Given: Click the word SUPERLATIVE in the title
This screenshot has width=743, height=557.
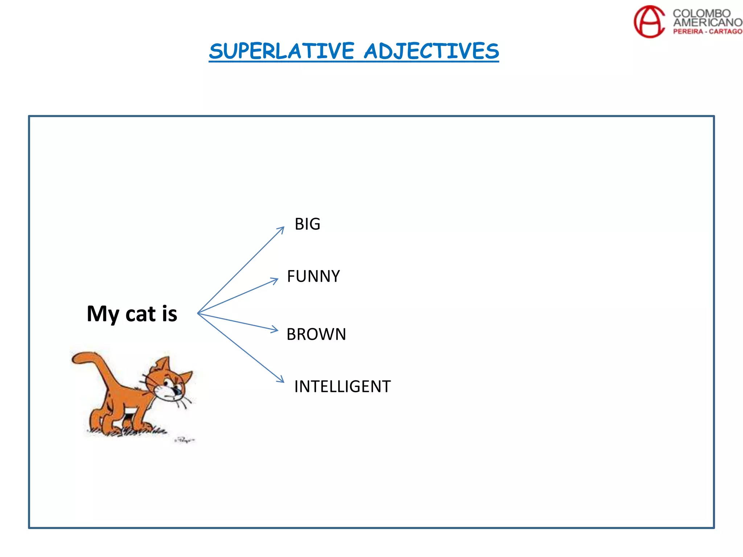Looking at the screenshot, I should coord(282,51).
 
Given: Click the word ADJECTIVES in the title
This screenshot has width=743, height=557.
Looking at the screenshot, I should coord(431,51).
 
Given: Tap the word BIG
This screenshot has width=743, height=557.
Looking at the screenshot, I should coord(307,224).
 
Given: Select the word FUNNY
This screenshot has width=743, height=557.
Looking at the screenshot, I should coord(313,276).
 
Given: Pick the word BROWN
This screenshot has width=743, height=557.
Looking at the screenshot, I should coord(316,334).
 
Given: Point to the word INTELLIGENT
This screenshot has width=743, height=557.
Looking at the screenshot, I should coord(342,387).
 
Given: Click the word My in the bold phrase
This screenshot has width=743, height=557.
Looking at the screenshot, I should coord(103,314).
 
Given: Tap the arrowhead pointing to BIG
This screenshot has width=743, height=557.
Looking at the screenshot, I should coord(282,229).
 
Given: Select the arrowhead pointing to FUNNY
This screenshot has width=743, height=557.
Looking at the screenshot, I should coord(275,280).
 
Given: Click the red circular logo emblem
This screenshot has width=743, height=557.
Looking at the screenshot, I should coord(649,21).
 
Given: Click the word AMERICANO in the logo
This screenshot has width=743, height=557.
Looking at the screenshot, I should coord(707,22).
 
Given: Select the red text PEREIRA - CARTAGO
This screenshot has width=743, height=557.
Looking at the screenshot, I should coord(707,32).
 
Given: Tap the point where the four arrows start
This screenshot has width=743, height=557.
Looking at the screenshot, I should coord(198,313).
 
